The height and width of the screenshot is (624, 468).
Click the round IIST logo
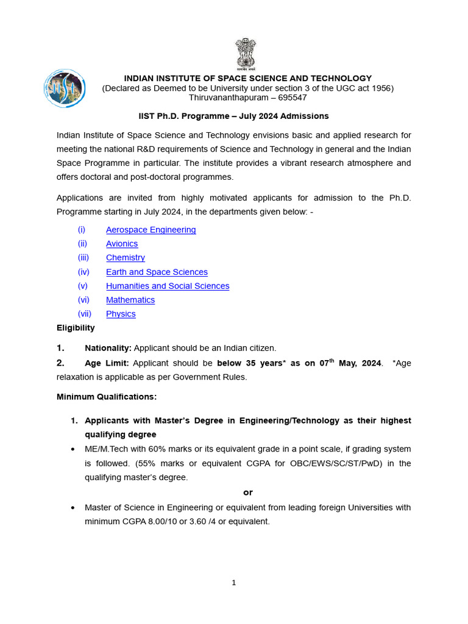tap(64, 88)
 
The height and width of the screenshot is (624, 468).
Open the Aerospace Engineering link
tap(151, 230)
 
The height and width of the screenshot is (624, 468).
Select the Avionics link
tap(122, 244)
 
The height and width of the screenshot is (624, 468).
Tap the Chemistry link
tap(126, 258)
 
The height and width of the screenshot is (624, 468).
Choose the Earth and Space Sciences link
tap(157, 272)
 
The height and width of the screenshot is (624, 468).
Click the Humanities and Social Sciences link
tap(168, 286)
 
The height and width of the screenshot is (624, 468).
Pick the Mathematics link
tap(130, 300)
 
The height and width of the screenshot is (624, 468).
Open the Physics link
tap(121, 314)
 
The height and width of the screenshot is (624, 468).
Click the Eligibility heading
tap(76, 328)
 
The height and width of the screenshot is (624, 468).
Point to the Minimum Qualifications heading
tap(107, 397)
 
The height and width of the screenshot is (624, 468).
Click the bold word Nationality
tap(108, 348)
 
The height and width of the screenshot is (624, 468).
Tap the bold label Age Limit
tap(107, 363)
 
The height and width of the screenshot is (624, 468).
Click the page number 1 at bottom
tap(233, 583)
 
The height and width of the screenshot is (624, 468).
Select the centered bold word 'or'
tap(248, 492)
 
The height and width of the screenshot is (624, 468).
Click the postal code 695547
tap(291, 97)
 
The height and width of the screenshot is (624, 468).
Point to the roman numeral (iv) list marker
tap(83, 272)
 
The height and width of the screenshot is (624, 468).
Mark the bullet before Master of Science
tap(73, 508)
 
